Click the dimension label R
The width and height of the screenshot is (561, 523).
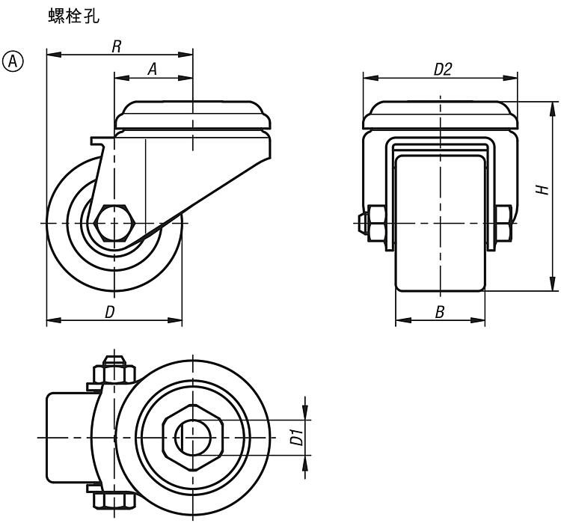[x=117, y=46]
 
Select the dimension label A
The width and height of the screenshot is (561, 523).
[x=152, y=68]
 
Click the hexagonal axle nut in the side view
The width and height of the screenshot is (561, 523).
[x=114, y=222]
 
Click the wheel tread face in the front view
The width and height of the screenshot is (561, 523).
[x=440, y=224]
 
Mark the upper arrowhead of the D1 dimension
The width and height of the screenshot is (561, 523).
[x=305, y=410]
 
